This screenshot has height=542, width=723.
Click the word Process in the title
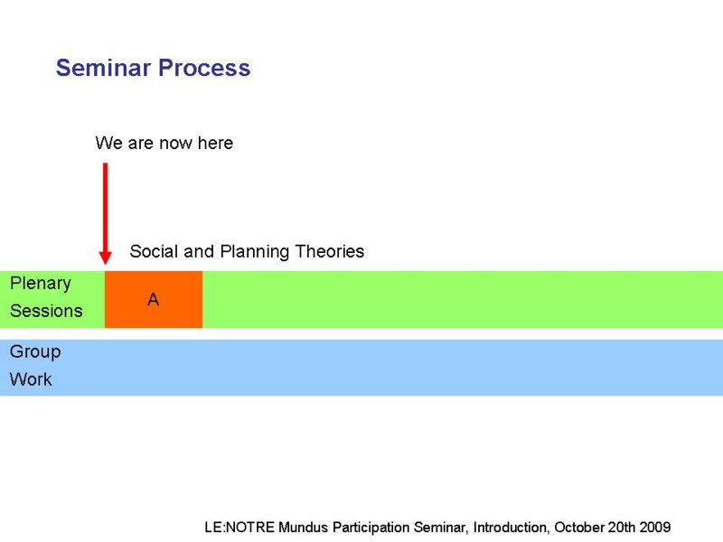[x=204, y=68]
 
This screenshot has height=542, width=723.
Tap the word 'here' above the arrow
[x=215, y=143]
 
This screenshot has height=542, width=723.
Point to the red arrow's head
[x=105, y=257]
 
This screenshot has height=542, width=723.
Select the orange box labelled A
[x=154, y=300]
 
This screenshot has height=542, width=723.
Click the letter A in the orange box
[x=153, y=300]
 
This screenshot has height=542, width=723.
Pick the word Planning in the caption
[x=255, y=252]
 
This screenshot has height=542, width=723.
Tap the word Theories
[x=330, y=251]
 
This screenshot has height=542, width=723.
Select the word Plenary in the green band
[x=41, y=284]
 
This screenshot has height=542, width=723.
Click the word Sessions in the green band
[x=46, y=311]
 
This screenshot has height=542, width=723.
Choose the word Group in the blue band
[x=35, y=352]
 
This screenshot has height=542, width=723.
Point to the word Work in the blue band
[x=31, y=379]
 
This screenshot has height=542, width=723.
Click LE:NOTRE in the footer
[x=239, y=527]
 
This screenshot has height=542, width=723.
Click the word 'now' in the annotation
[x=175, y=144]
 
